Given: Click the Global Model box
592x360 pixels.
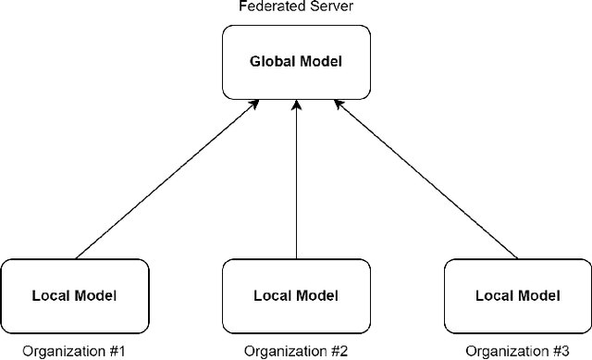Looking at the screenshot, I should click(x=296, y=63).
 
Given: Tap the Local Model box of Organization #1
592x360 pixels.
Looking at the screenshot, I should click(x=74, y=296).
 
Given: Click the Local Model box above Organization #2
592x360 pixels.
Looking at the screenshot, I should click(x=296, y=296).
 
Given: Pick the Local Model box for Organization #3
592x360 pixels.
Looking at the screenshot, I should click(x=517, y=296).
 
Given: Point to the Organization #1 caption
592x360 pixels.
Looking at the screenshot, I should click(x=73, y=351).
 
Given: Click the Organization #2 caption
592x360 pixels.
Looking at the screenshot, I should click(x=295, y=351).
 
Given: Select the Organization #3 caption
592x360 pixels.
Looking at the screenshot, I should click(x=516, y=351).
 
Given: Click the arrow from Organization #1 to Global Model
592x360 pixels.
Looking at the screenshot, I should click(x=166, y=180).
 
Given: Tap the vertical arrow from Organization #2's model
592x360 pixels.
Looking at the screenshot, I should click(x=296, y=185).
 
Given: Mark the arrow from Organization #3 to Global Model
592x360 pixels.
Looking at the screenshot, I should click(x=425, y=180).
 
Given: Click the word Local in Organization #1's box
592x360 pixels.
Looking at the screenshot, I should click(x=51, y=296).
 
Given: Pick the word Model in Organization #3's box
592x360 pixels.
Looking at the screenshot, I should click(x=538, y=296).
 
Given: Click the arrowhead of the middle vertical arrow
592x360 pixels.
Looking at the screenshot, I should click(x=296, y=107).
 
